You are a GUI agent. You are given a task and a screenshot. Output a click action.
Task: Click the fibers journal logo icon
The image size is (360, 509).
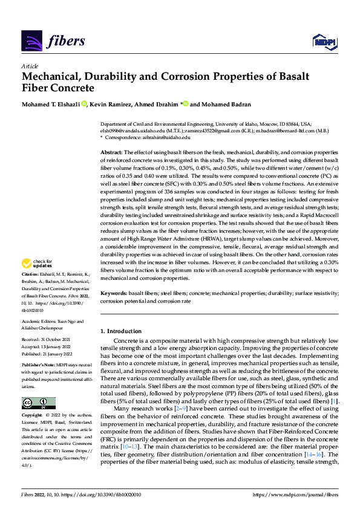31,41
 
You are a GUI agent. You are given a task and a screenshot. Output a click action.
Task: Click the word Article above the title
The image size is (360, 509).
29,66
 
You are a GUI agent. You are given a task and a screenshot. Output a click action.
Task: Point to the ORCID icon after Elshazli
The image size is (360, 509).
84,104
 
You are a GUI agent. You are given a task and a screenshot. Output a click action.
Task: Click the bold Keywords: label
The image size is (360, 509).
113,293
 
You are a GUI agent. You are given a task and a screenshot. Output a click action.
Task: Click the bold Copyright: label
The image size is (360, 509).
32,417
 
